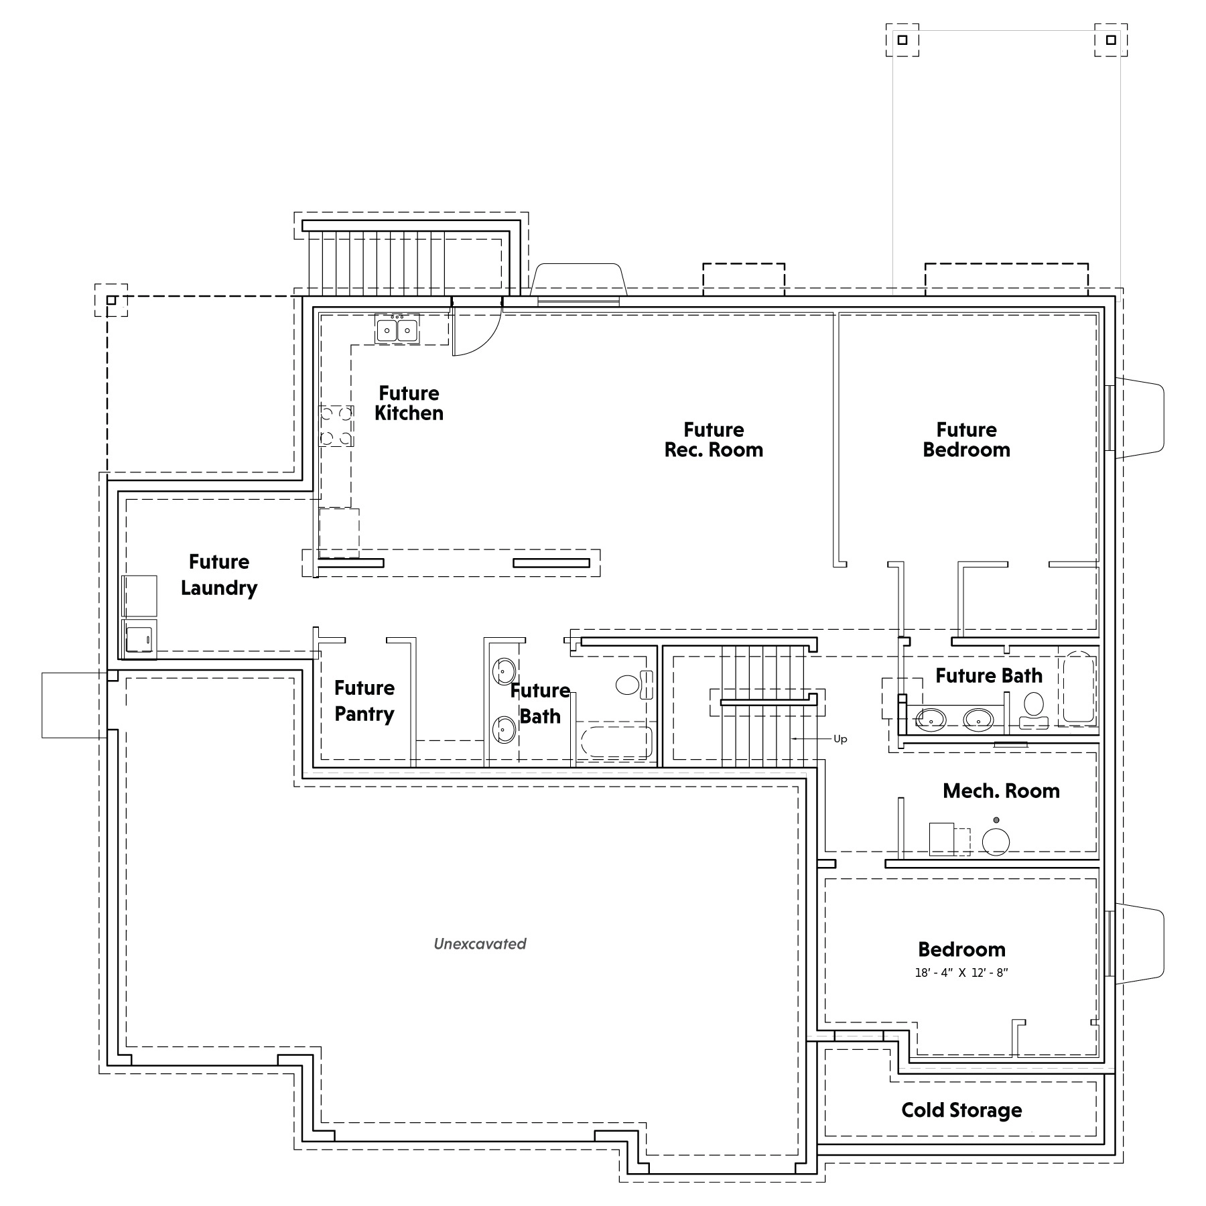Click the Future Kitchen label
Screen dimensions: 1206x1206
409,403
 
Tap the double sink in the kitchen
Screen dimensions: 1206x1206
397,330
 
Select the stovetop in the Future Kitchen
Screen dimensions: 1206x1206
336,425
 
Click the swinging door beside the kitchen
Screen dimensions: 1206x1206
477,328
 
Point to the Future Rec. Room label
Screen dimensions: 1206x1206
714,440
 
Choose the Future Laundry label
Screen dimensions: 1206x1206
219,575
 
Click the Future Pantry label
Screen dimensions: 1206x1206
364,701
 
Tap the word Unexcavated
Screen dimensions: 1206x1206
480,943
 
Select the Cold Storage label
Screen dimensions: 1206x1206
961,1110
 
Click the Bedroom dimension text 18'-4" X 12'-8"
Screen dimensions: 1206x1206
961,973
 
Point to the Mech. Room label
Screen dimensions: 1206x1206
1001,791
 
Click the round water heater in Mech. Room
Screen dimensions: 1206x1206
996,842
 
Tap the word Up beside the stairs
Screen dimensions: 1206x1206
840,739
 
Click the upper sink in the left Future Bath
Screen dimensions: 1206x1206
504,670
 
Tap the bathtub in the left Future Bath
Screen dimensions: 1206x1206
616,742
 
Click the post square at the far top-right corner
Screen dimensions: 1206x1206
1111,40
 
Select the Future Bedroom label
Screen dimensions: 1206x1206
966,440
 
